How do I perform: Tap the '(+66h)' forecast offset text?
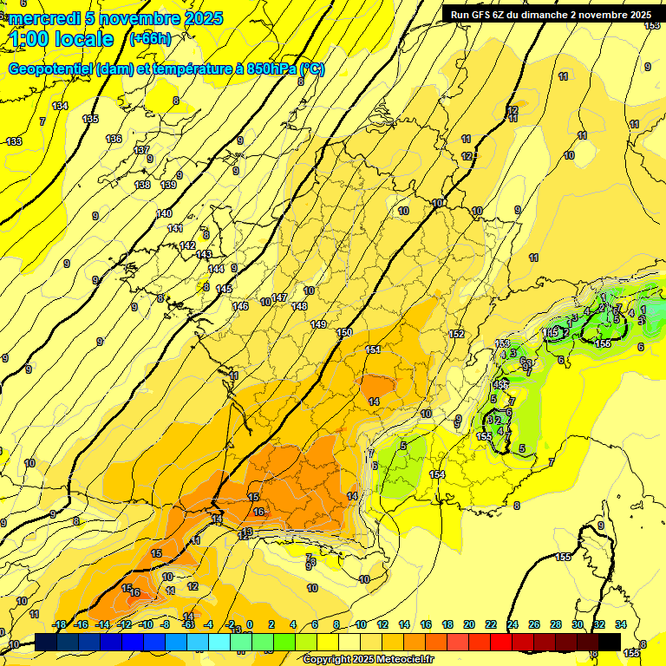(x=150, y=38)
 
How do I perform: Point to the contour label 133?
(x=14, y=141)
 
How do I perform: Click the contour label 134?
(x=60, y=106)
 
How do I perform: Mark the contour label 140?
(x=164, y=213)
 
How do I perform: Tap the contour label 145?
(x=224, y=289)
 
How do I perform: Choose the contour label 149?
(x=318, y=324)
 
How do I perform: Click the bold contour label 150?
(x=345, y=332)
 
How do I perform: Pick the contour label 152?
(x=457, y=334)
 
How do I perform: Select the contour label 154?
(x=437, y=474)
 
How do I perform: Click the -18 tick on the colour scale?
(x=59, y=624)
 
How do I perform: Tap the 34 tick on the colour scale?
(x=621, y=624)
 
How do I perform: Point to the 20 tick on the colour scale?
(x=469, y=624)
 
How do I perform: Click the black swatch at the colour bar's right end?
(x=609, y=642)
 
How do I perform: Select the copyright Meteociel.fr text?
(x=368, y=659)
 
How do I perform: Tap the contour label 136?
(x=114, y=139)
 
